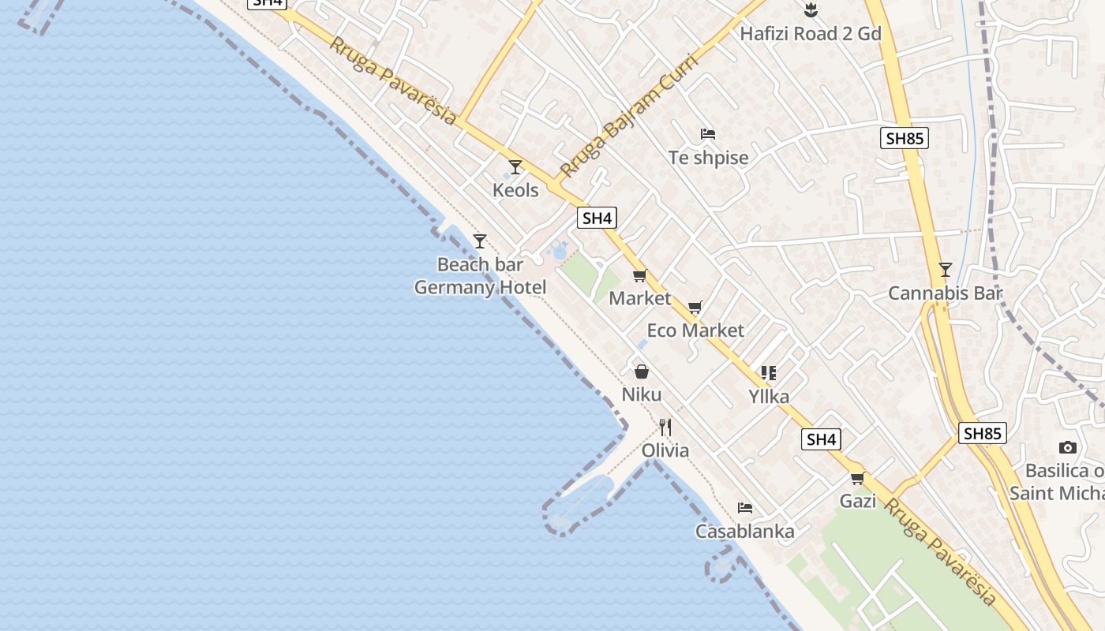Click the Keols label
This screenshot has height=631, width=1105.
[x=515, y=190]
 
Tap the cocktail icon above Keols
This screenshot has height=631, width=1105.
[x=515, y=167]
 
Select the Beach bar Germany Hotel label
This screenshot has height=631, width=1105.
[x=480, y=276]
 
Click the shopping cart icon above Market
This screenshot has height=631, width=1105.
[x=639, y=275]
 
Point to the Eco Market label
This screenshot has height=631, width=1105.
[x=695, y=330]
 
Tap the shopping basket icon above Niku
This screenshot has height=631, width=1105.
[x=642, y=372]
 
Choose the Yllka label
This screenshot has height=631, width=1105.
[x=769, y=397]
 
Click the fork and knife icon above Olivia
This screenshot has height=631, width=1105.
[x=665, y=428]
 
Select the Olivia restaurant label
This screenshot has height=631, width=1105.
[x=665, y=450]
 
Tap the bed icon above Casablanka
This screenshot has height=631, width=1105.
[x=744, y=508]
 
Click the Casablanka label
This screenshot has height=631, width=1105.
[x=744, y=532]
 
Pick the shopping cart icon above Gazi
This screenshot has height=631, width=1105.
[x=858, y=478]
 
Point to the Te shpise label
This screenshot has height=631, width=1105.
[x=708, y=158]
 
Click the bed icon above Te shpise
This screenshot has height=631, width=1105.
[x=708, y=134]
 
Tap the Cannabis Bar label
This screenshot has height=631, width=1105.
[x=945, y=293]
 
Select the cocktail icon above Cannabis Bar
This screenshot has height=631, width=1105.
[x=945, y=270]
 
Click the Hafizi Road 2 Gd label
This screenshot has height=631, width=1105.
[x=810, y=34]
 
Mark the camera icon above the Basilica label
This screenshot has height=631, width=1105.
[x=1067, y=448]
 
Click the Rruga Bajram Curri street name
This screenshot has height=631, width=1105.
[x=629, y=115]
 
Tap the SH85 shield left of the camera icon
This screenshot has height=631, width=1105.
[x=983, y=433]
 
